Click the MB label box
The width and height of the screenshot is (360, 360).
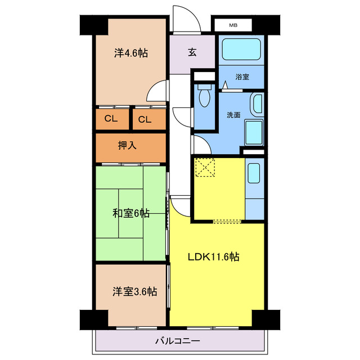tap(233, 25)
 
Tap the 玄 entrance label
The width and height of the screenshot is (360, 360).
tap(192, 52)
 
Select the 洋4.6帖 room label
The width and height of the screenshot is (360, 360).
tap(131, 53)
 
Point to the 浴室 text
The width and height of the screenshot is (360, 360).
tap(242, 78)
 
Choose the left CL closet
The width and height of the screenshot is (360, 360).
tap(111, 119)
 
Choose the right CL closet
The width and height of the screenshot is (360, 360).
tap(145, 119)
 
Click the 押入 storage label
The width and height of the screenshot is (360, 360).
tap(127, 145)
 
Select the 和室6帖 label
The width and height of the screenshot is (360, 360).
tap(130, 213)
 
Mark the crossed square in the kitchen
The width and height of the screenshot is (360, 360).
tap(205, 168)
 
